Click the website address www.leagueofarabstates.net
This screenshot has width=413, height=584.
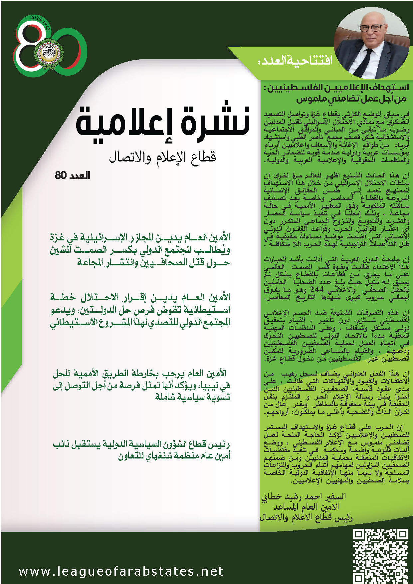point(121,571)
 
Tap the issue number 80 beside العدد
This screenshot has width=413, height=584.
point(61,175)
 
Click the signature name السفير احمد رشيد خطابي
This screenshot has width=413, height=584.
point(303,497)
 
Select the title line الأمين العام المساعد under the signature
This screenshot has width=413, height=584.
point(306,507)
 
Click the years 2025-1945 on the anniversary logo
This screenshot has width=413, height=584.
point(40,23)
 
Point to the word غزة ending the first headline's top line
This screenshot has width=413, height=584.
point(57,237)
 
